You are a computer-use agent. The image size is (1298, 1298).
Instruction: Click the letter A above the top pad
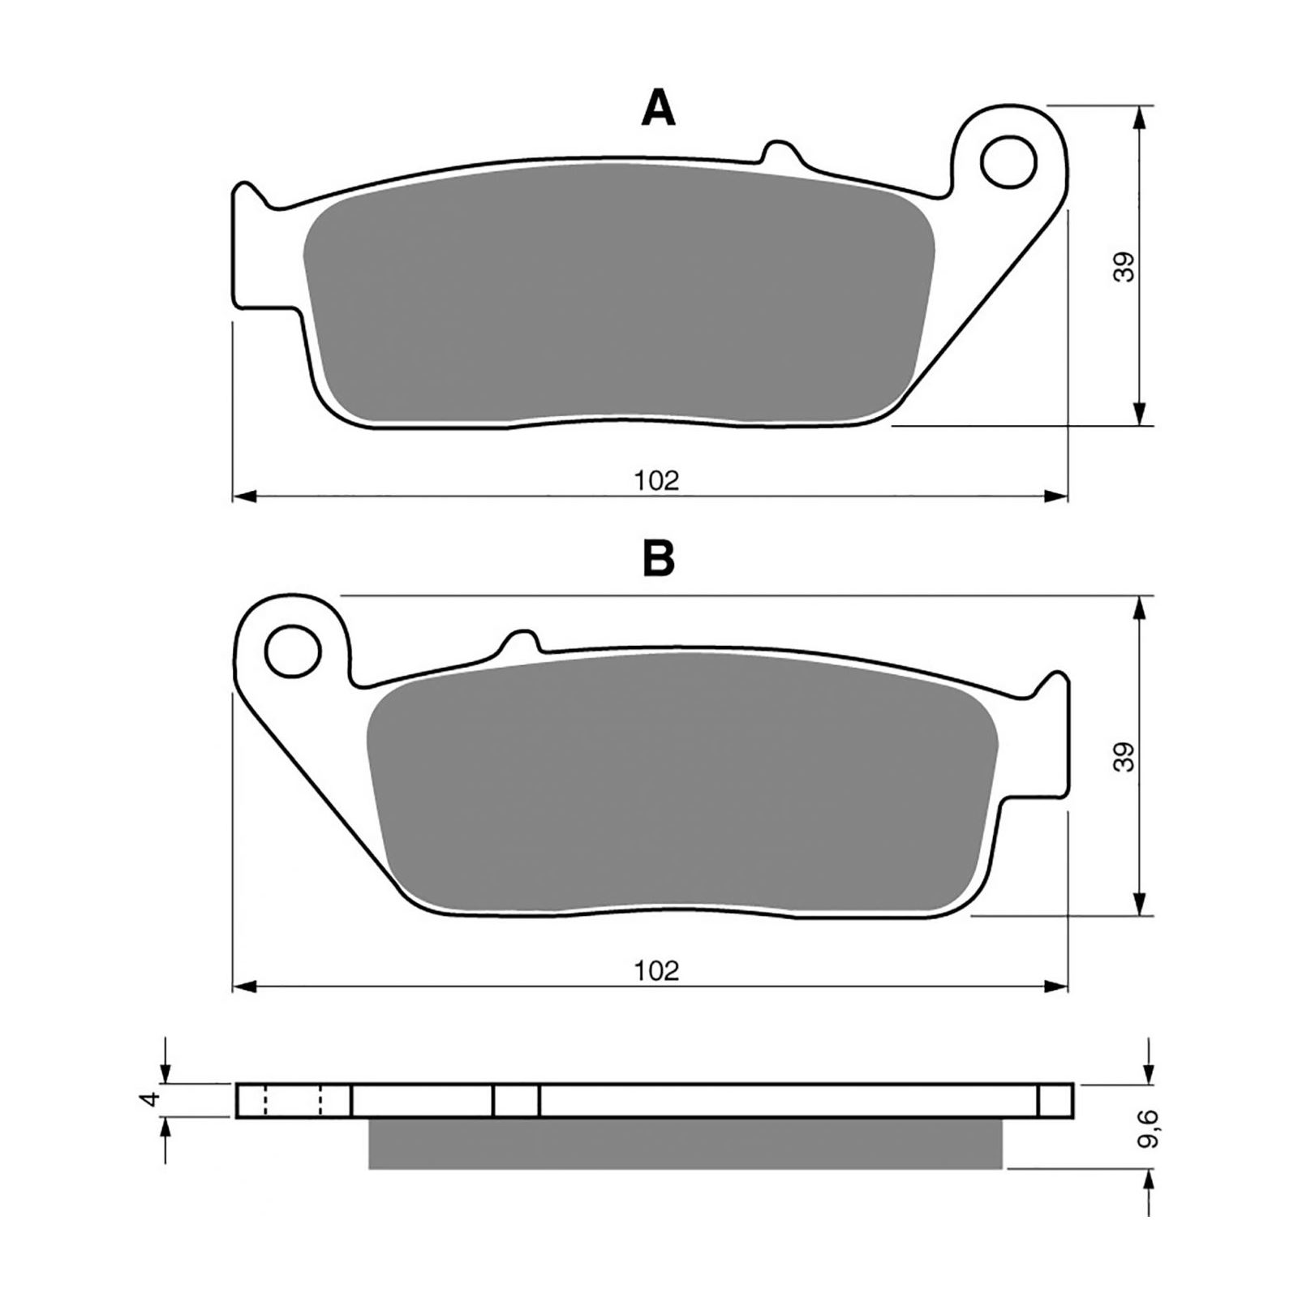point(658,109)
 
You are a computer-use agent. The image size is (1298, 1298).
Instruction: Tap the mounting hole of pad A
point(1008,163)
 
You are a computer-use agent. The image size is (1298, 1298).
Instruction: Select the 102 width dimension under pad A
point(657,481)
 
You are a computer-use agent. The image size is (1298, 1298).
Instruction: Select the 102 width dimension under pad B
point(657,970)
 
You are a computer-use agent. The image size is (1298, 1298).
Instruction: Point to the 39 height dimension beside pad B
point(1124,756)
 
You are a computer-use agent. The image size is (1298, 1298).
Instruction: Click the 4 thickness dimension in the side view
point(148,1100)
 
